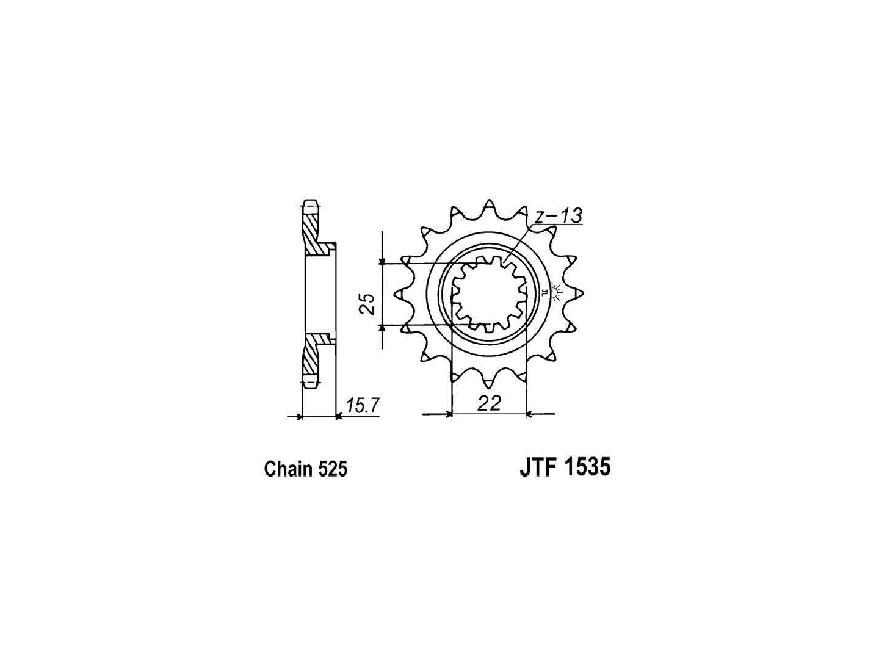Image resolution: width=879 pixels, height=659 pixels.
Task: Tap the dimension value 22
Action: point(489,403)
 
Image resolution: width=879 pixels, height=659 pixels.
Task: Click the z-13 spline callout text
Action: point(559,217)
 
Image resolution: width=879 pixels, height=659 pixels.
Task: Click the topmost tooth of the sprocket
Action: point(488,209)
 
